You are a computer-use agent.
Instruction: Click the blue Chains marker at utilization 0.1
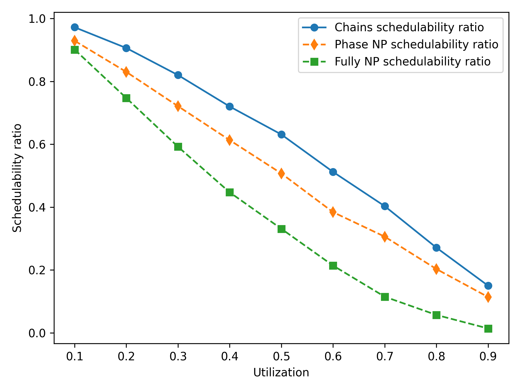coord(75,27)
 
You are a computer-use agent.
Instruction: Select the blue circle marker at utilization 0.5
coord(281,134)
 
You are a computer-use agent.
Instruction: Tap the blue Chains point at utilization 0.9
coord(488,286)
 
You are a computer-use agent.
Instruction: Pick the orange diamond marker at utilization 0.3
coord(178,106)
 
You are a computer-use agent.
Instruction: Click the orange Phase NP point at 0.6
coord(333,212)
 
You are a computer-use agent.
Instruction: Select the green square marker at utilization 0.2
coord(126,98)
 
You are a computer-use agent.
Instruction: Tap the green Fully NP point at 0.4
coord(230,193)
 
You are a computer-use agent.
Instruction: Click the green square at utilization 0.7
coord(385,297)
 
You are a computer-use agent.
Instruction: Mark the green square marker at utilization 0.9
coord(488,329)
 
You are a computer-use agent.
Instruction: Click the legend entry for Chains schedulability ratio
coord(409,27)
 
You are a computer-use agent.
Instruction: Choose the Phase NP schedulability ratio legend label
coord(416,45)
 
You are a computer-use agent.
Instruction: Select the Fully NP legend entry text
coord(412,62)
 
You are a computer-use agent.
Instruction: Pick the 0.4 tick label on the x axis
coord(230,357)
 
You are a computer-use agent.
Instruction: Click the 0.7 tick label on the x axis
coord(385,357)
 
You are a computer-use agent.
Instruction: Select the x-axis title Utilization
coord(281,373)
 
